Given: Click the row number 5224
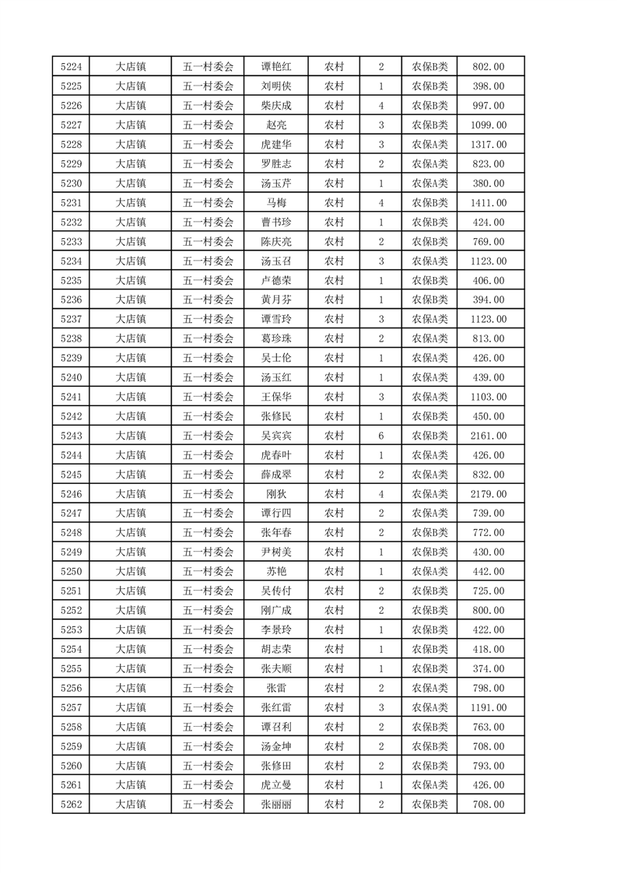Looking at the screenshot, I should click(x=71, y=67).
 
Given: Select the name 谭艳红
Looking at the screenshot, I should click(x=276, y=67).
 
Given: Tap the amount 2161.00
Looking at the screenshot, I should click(x=489, y=436).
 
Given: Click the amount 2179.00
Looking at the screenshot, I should click(x=489, y=494).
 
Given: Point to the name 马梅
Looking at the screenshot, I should click(x=276, y=202).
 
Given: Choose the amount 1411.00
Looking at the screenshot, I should click(x=489, y=202).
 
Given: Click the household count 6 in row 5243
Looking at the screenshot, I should click(x=380, y=436).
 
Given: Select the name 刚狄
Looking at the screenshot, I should click(x=276, y=494).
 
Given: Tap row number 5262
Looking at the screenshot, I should click(x=71, y=805).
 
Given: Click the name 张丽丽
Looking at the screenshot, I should click(x=276, y=805).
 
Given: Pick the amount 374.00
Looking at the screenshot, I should click(x=489, y=668).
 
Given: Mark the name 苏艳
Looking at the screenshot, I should click(x=276, y=572).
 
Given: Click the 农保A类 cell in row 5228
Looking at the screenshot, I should click(x=429, y=144).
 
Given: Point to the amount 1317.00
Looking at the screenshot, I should click(x=489, y=144).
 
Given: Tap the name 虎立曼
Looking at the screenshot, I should click(x=276, y=785).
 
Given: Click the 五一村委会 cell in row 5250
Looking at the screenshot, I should click(x=208, y=572).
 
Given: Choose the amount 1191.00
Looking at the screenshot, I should click(x=489, y=707).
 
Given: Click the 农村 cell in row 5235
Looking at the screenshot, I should click(x=334, y=280).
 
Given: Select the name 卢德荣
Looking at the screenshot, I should click(x=276, y=280).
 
